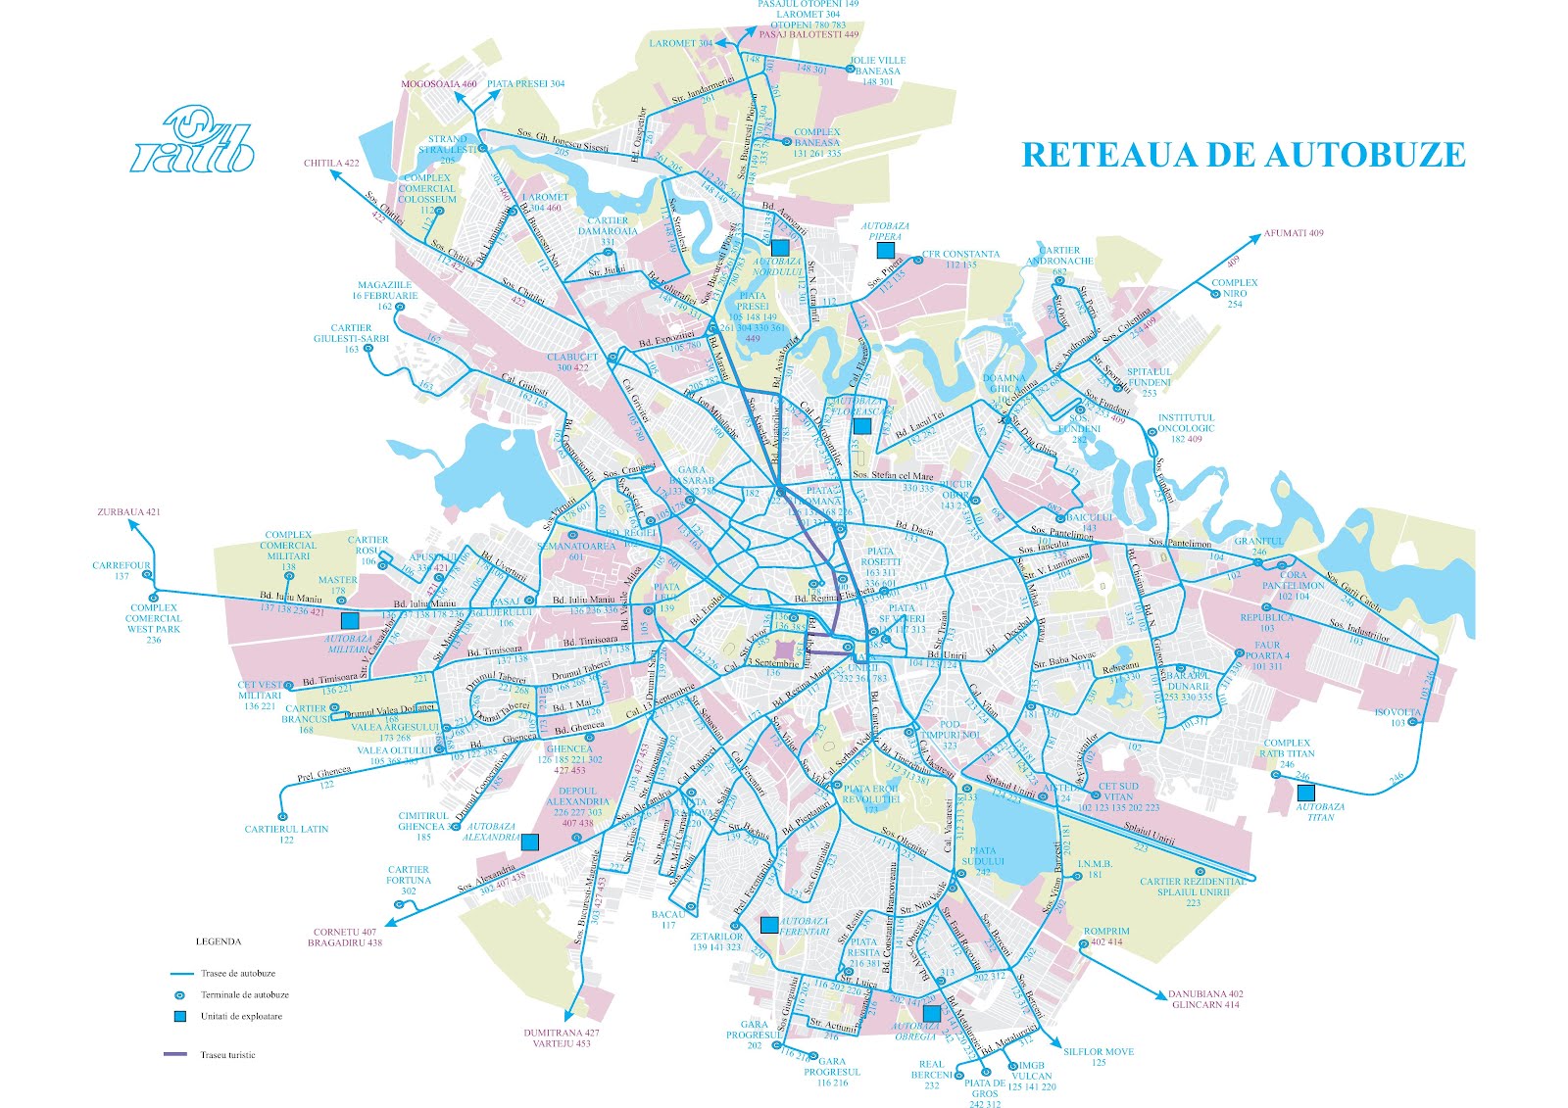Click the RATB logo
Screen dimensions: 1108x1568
coord(193,139)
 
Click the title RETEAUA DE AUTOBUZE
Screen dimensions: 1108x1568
coord(1243,155)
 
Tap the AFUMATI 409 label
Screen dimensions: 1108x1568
coord(1293,233)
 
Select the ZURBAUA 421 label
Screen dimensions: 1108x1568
coord(128,512)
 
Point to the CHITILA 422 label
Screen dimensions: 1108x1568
coord(331,164)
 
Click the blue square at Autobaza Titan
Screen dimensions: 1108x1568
coord(1305,793)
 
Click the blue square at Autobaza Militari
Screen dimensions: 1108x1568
coord(349,620)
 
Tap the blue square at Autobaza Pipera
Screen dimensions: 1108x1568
coord(884,250)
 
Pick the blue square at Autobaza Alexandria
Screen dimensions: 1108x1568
coord(529,841)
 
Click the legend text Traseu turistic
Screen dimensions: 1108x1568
coord(227,1055)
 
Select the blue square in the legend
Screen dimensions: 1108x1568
coord(178,1016)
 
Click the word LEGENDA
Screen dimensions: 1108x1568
coord(218,941)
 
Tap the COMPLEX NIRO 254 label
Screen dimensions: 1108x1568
coord(1234,293)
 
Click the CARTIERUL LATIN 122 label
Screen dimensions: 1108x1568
coord(286,834)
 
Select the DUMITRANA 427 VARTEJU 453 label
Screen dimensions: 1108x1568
coord(561,1037)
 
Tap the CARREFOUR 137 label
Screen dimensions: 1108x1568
coord(122,570)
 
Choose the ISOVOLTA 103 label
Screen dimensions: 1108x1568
coord(1397,717)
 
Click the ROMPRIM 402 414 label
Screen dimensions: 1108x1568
coord(1106,937)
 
